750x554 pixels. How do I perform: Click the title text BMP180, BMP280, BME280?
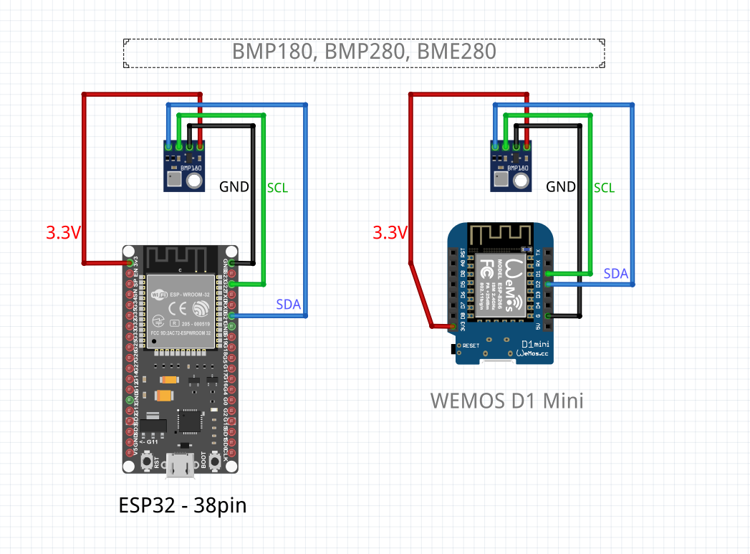point(363,52)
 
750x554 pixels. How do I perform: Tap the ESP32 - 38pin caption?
point(183,505)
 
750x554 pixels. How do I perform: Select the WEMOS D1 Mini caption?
point(507,400)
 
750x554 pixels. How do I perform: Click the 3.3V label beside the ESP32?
point(63,232)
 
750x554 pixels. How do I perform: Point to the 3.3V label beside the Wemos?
point(390,232)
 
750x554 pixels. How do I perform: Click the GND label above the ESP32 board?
point(234,187)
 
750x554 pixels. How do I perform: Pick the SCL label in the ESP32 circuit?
point(277,188)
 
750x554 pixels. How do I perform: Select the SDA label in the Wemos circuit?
point(616,274)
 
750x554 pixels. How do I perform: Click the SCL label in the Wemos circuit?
point(605,188)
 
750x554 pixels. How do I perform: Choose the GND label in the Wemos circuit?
point(561,187)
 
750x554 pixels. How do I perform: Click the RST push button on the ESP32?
point(146,462)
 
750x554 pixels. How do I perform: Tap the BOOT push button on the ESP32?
point(213,462)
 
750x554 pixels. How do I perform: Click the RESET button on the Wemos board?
point(453,348)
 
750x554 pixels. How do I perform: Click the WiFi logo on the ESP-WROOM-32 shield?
point(158,294)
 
